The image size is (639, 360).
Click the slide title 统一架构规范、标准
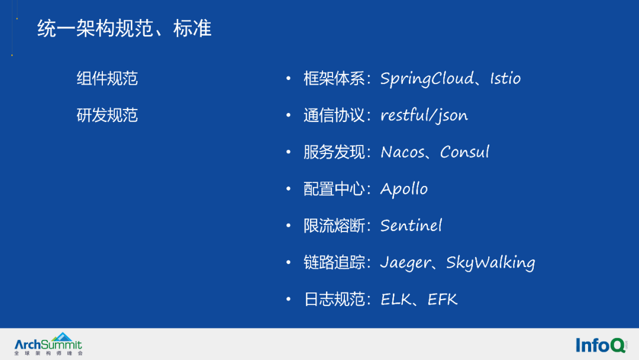point(124,28)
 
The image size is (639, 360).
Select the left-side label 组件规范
point(107,78)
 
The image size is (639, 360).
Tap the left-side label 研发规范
point(107,115)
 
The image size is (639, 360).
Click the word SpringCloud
point(427,79)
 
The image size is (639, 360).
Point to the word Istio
point(505,78)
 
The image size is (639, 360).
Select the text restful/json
point(424,115)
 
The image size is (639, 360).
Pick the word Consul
point(464,152)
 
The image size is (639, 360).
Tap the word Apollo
point(404,189)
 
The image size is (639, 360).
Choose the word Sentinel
point(411,226)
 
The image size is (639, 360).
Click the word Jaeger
point(405,262)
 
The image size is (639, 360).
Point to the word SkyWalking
point(490,262)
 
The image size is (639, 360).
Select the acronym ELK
point(396,299)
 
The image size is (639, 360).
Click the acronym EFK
point(443,299)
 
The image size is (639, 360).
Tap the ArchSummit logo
point(49,344)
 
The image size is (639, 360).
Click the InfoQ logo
point(601,345)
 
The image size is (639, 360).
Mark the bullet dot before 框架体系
point(289,78)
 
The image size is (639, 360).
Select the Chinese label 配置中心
point(334,189)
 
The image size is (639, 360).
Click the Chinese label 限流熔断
point(334,226)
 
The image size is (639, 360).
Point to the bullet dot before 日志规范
point(289,299)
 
